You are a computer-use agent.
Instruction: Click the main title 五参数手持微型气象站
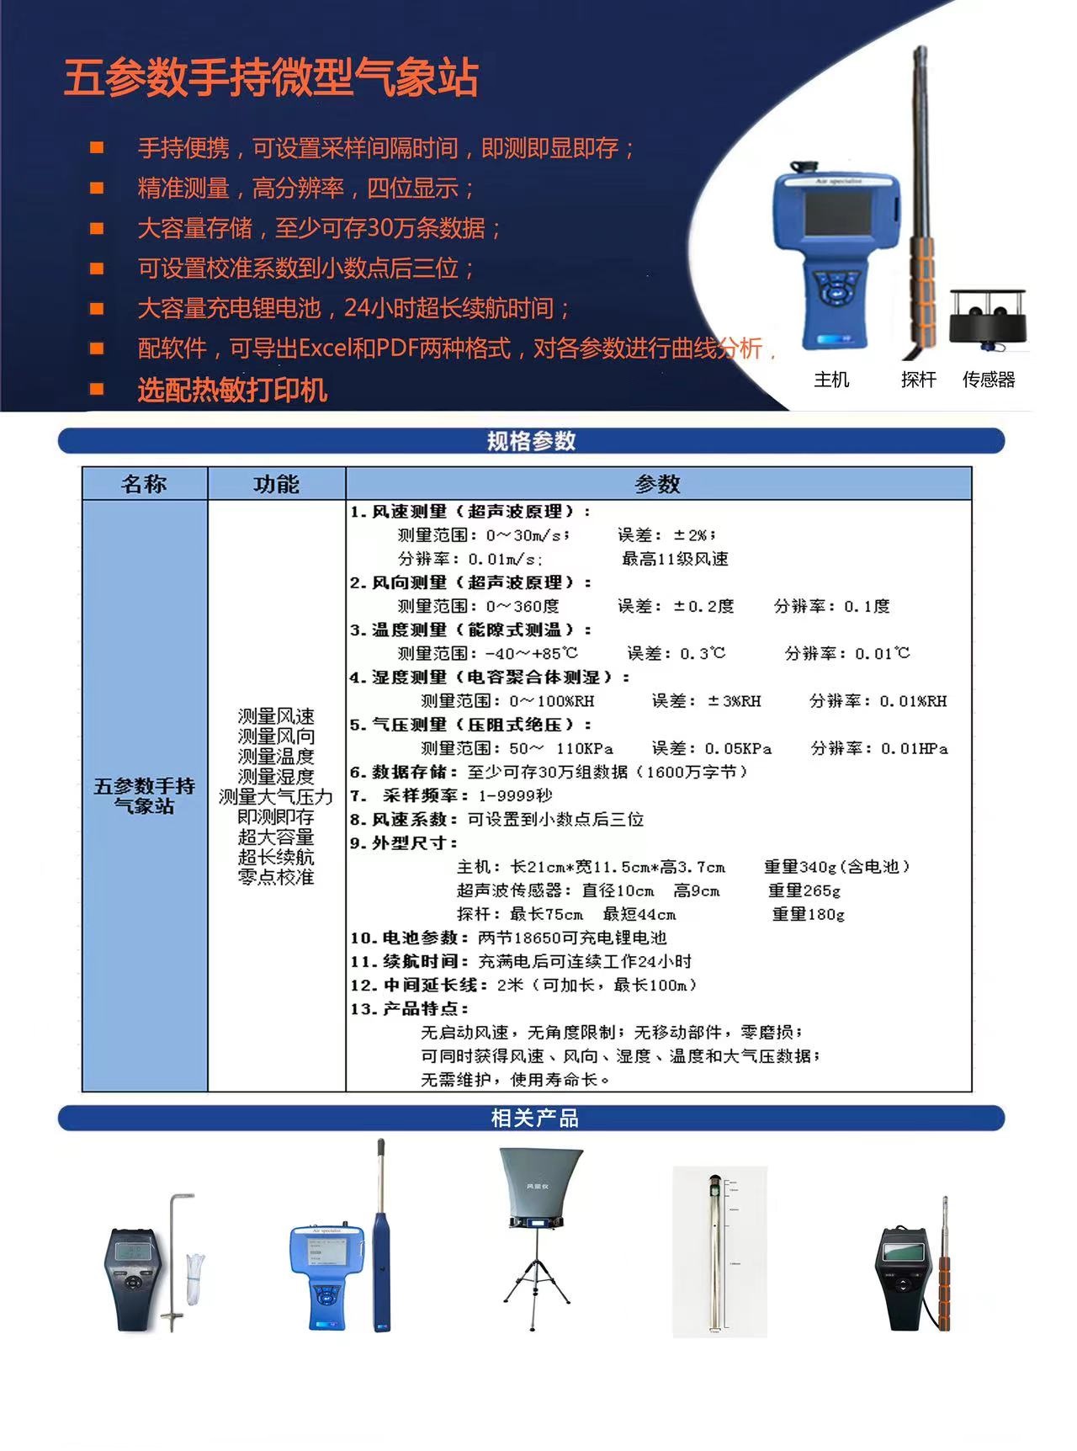click(271, 78)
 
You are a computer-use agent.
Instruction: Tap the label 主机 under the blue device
click(831, 380)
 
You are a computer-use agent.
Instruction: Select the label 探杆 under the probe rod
click(918, 380)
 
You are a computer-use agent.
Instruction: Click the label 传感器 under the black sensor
click(989, 380)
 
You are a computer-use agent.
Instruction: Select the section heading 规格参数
click(531, 441)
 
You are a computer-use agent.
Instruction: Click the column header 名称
click(144, 484)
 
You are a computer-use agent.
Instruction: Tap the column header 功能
click(276, 484)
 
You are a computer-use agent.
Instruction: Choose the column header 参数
click(657, 484)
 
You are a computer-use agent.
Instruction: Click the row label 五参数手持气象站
click(144, 795)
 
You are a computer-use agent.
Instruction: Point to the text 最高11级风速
click(675, 559)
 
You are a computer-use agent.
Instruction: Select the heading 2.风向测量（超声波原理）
click(471, 582)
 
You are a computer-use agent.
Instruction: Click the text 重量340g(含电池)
click(836, 867)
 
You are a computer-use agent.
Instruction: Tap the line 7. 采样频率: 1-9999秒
click(452, 795)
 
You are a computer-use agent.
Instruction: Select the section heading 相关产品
click(534, 1118)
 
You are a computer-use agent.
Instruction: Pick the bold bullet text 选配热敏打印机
click(232, 390)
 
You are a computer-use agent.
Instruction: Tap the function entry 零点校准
click(276, 877)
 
